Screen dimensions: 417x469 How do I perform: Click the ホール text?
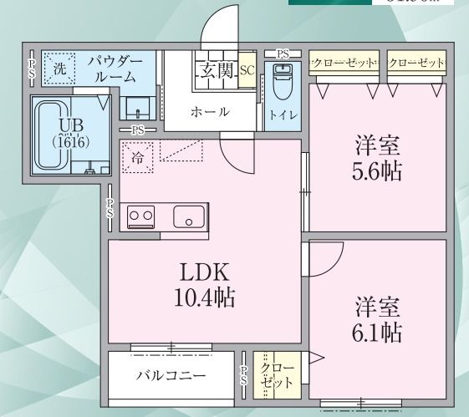(x=210, y=112)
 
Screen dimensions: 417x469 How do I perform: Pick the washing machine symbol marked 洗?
(x=59, y=69)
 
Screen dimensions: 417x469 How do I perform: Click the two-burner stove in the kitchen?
(x=141, y=216)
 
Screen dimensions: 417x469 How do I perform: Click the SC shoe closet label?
(x=247, y=71)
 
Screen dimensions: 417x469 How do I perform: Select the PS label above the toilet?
(x=283, y=54)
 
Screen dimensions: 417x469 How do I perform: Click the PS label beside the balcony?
(x=244, y=376)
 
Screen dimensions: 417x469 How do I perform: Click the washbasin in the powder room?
(x=135, y=108)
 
